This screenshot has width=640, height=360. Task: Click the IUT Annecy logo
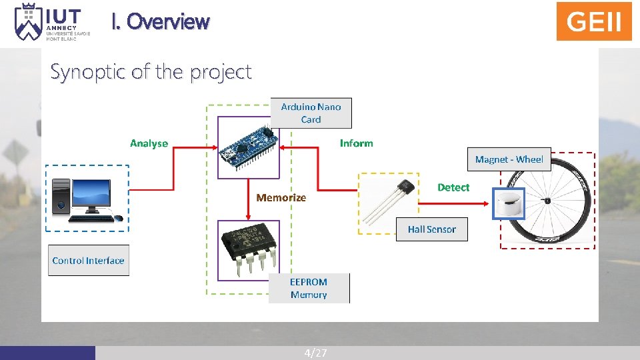coord(47,22)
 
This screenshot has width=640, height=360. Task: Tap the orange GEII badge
coord(593,21)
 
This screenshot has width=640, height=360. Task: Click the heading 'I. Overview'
coord(160,22)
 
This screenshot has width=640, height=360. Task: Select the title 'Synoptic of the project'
coord(151,71)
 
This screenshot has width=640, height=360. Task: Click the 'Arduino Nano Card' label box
coord(311,113)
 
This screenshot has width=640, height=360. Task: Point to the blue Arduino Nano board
coord(248,149)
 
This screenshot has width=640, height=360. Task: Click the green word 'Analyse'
coord(149,143)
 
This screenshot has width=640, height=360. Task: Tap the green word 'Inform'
coord(356,143)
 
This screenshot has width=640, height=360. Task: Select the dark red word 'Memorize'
coord(281,197)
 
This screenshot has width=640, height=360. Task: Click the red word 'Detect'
coord(453,187)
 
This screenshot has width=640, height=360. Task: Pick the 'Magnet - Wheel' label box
coord(509,159)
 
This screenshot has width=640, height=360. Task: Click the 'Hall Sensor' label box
coord(431,229)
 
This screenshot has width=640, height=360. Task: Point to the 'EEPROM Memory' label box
coord(309,288)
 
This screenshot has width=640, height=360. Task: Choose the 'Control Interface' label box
coord(88,260)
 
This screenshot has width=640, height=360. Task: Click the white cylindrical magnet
coord(509,203)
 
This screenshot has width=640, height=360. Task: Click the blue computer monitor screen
coord(92,193)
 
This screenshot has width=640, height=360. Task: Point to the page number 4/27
coord(315,353)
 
